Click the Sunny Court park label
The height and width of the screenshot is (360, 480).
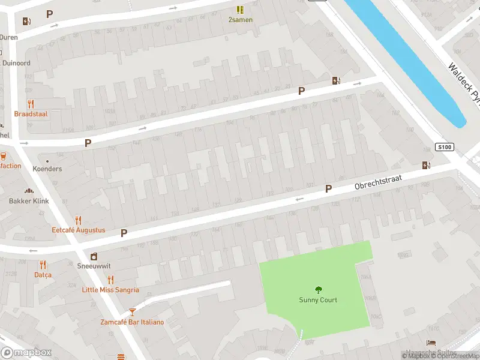point(318,300)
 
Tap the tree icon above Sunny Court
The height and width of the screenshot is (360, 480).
point(318,289)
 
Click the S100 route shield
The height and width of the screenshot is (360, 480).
point(444,147)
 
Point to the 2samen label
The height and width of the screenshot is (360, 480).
point(240,20)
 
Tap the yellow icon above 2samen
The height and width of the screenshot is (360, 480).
point(240,10)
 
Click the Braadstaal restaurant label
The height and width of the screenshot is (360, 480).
point(31,113)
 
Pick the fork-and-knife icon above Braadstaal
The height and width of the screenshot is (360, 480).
point(31,103)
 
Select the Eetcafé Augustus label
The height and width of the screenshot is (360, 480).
point(78,230)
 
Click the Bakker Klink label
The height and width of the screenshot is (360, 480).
point(29,201)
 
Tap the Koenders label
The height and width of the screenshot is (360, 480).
point(47,169)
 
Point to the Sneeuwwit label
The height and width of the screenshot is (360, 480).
point(94,266)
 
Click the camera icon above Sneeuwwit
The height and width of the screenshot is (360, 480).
point(94,256)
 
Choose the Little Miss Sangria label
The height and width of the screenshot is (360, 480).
point(110,290)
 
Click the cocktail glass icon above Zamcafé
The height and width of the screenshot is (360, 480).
point(132,312)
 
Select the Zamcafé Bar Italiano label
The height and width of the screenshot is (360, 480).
point(132,322)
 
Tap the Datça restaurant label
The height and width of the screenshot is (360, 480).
point(43,275)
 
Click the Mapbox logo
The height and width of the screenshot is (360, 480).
point(26,353)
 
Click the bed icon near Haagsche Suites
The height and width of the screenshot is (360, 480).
point(430,343)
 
